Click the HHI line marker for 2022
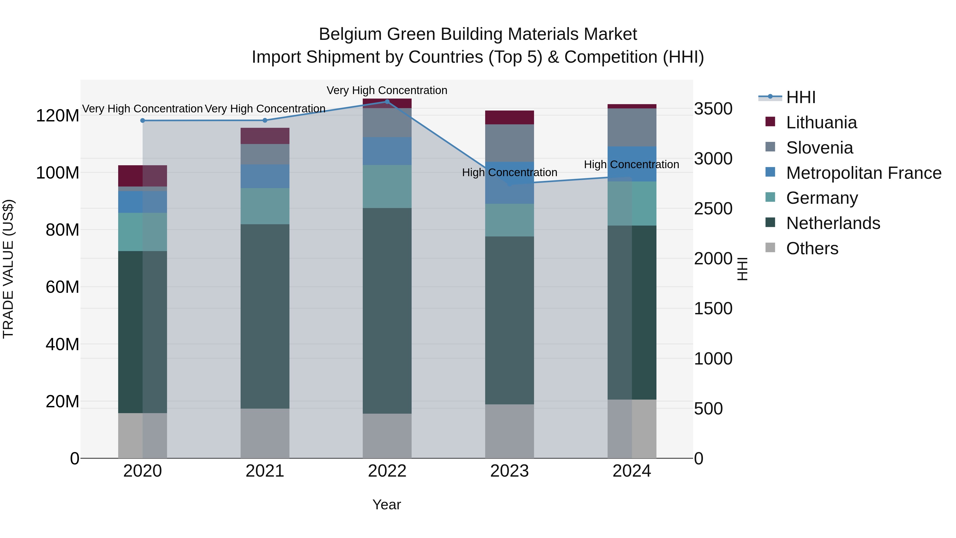pos(387,101)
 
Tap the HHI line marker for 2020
pos(143,120)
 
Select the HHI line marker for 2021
pos(264,120)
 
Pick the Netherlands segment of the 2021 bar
pos(264,316)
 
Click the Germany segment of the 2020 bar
pos(143,232)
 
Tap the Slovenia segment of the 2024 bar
pos(632,127)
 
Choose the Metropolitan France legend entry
pos(863,173)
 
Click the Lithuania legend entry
pos(821,122)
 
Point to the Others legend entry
pos(812,248)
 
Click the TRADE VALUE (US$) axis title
pos(8,269)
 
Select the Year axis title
pos(386,505)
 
